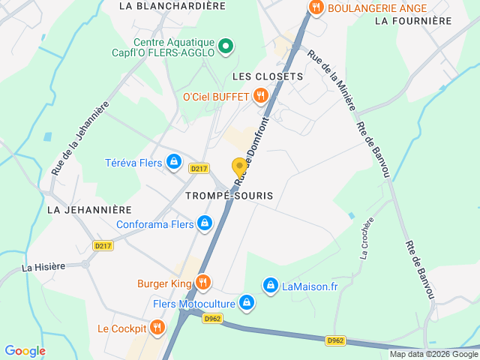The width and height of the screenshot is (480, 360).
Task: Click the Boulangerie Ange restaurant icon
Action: pos(316,7)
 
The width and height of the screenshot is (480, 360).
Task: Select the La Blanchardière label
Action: pos(172,6)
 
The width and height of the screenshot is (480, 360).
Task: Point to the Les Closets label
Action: pos(268,76)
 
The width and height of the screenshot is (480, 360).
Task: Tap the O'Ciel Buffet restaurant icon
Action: pos(261,95)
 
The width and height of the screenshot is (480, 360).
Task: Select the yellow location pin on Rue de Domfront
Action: pos(239,167)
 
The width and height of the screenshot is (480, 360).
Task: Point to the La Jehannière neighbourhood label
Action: pos(89,210)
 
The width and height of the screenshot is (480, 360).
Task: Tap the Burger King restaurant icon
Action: pos(202,283)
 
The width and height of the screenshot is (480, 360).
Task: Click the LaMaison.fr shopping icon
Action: pos(270,285)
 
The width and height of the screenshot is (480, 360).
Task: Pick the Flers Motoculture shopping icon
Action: pos(246,304)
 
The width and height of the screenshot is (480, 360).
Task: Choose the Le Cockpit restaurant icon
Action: pos(157,327)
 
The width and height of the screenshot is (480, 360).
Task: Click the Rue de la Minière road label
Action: pos(330,79)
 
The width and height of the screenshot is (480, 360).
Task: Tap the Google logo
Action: pos(25,351)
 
